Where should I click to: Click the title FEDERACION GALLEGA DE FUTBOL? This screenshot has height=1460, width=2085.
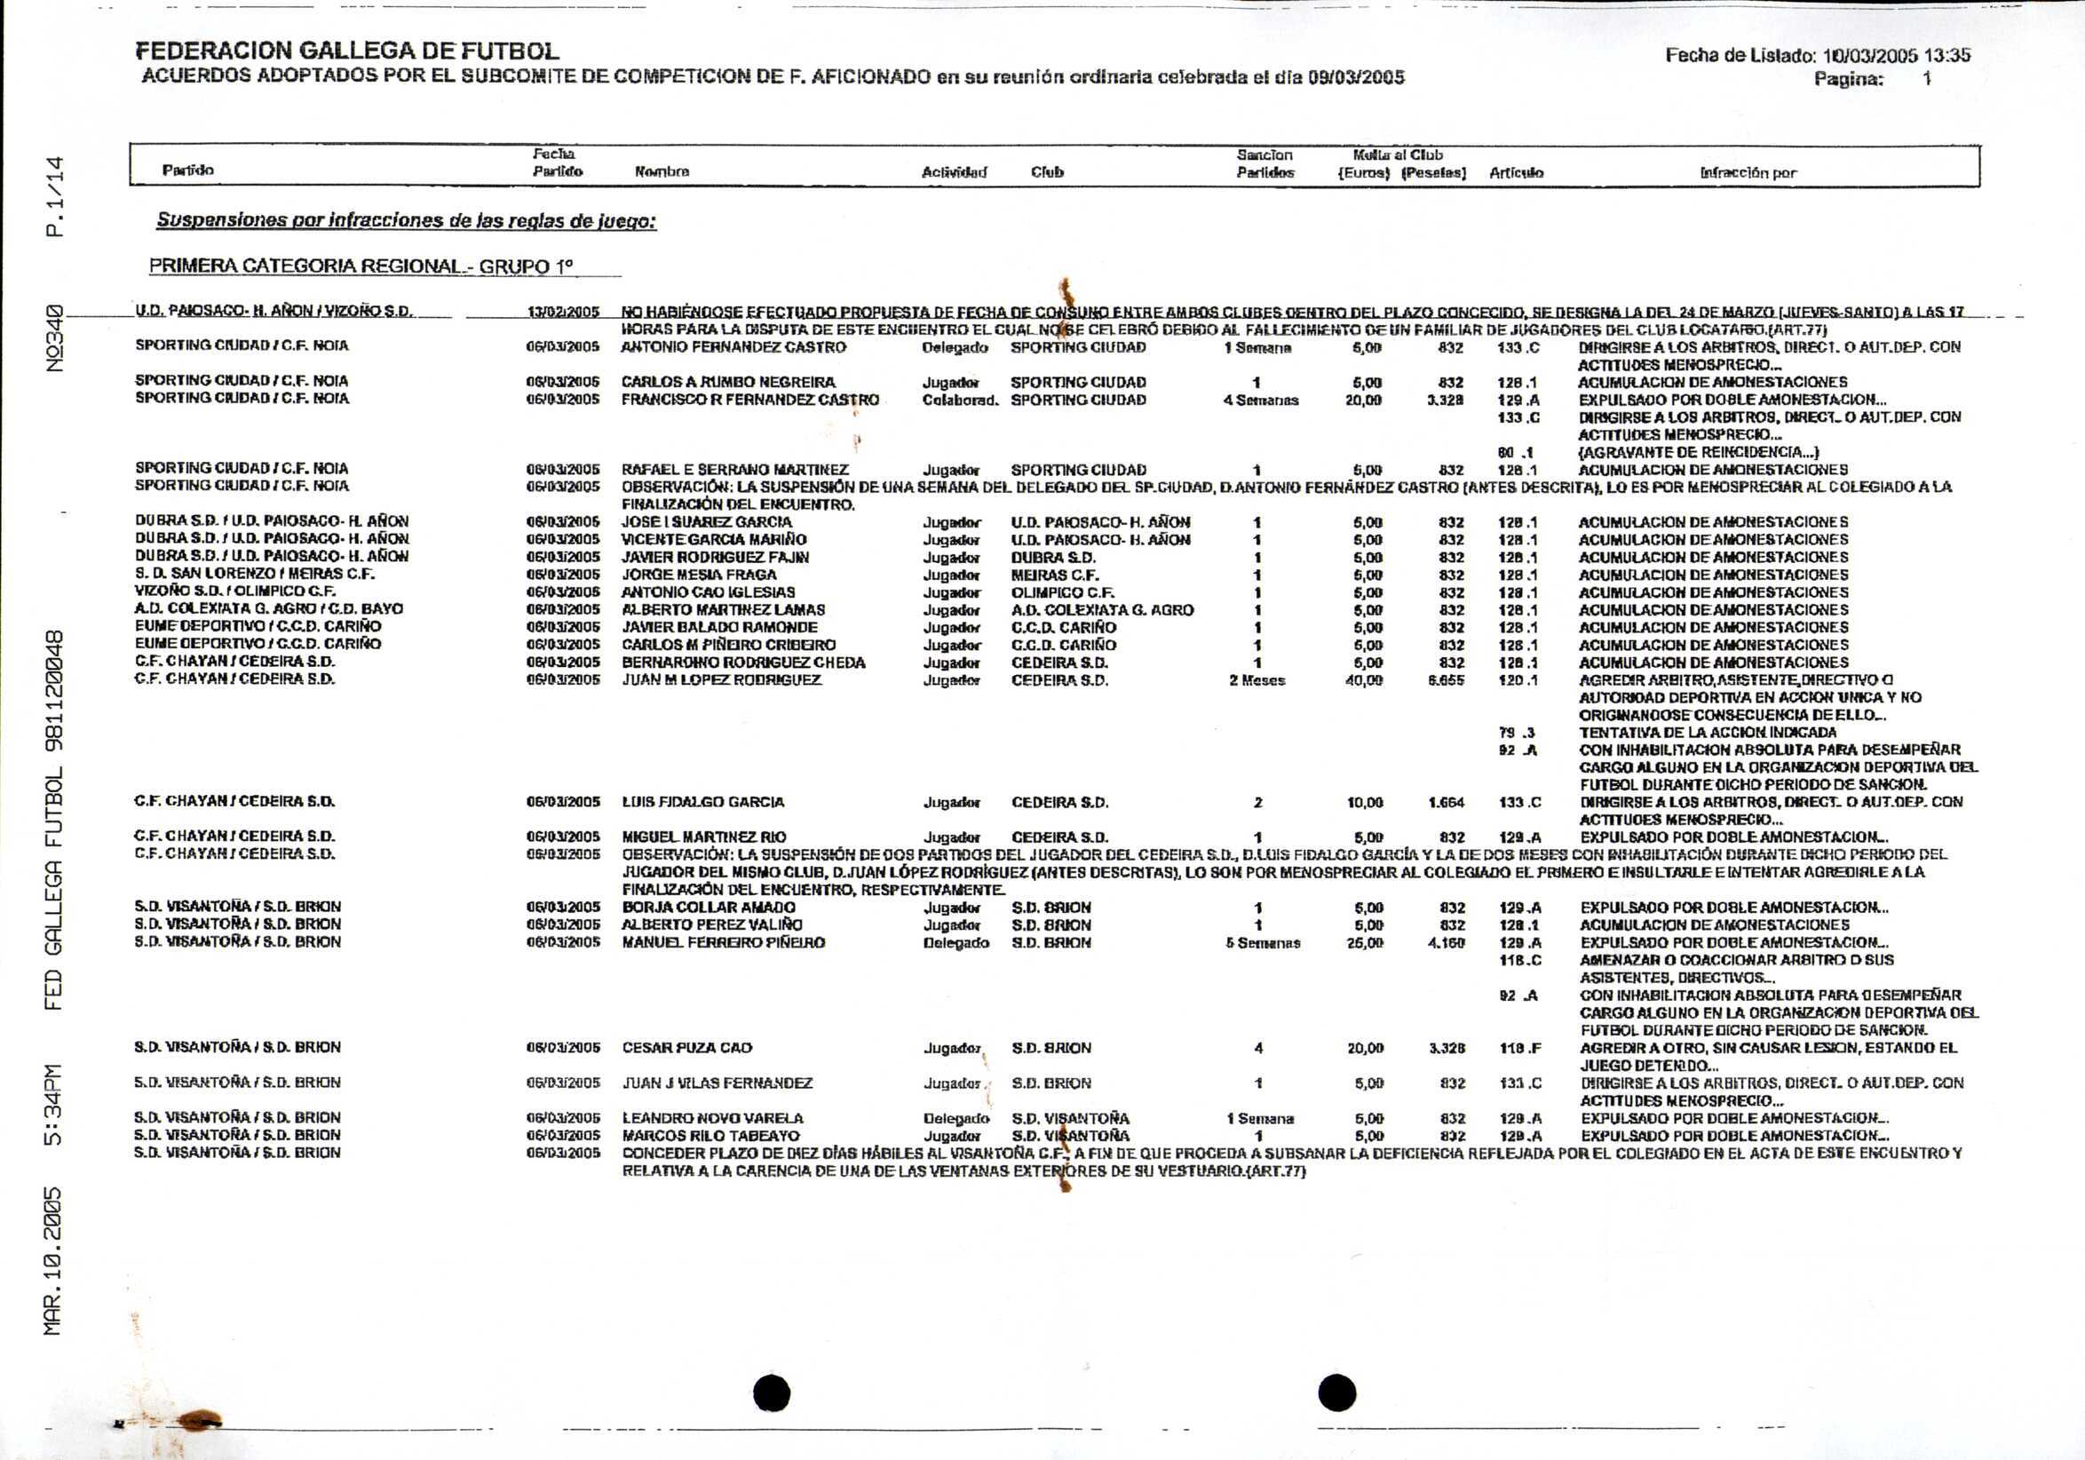(347, 51)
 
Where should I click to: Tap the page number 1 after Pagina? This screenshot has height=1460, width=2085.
(1926, 79)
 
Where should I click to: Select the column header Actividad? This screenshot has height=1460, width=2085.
(954, 172)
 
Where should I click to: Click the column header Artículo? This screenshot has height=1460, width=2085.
(1516, 172)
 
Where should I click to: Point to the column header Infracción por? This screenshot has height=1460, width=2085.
(1748, 172)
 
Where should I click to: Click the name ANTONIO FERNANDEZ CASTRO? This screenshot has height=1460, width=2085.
(733, 348)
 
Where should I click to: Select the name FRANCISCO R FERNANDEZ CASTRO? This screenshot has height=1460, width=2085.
(750, 401)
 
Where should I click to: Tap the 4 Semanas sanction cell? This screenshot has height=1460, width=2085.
(1260, 401)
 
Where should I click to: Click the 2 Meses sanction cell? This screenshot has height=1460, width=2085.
(1257, 681)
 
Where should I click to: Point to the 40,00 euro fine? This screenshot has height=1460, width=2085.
(1364, 681)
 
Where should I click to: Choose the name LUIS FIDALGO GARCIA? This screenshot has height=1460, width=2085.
(703, 803)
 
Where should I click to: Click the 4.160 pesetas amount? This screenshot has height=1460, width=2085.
(1447, 943)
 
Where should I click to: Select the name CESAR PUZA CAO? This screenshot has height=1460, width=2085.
(686, 1048)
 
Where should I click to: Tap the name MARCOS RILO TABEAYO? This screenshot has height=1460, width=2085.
(710, 1136)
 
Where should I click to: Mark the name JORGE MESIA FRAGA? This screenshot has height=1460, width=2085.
(699, 575)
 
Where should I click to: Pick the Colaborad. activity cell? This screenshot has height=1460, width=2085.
(960, 401)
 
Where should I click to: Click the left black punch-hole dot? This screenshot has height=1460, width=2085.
(772, 1393)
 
